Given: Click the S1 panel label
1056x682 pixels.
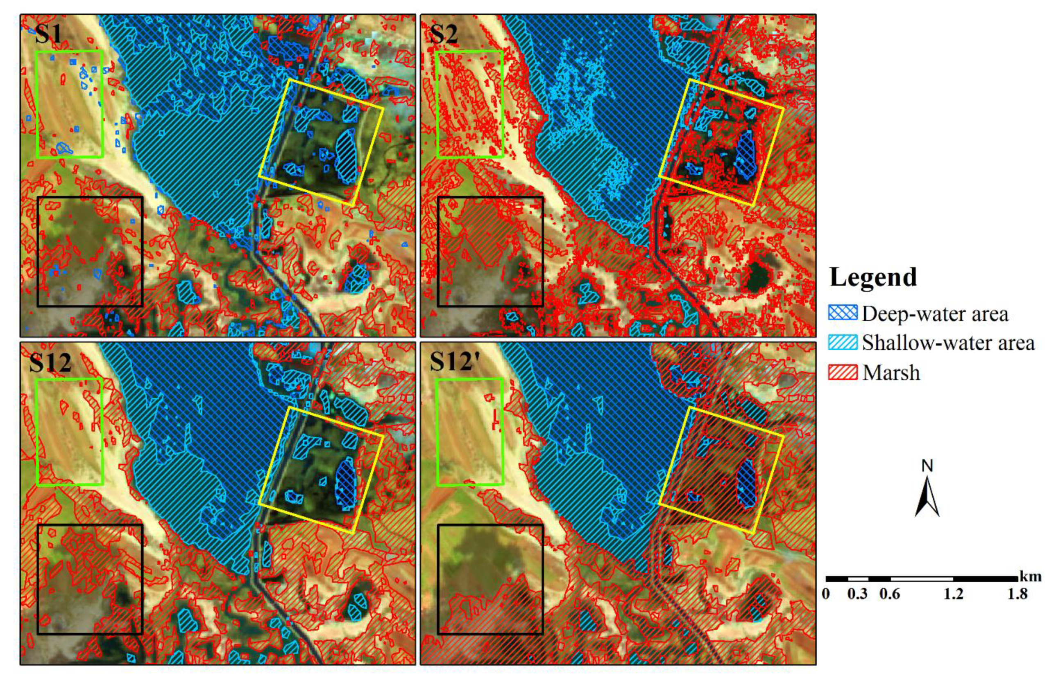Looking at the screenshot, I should click(x=48, y=34).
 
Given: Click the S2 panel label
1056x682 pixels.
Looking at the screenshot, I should click(x=444, y=34).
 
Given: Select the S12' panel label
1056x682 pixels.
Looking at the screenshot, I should click(x=453, y=362).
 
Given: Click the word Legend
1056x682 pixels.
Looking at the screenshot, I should click(x=873, y=277).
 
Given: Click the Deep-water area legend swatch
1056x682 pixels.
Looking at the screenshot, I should click(x=842, y=313).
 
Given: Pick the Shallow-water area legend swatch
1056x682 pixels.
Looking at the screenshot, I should click(x=842, y=343).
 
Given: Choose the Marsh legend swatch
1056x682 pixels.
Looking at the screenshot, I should click(x=842, y=372).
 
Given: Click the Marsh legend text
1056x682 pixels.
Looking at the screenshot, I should click(x=891, y=373).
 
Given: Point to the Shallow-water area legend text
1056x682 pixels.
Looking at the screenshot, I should click(x=948, y=343).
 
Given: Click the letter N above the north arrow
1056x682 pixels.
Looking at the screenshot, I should click(x=927, y=466).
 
